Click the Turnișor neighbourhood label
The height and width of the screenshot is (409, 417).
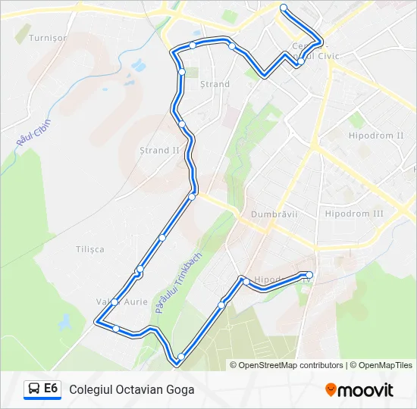click(x=47, y=37)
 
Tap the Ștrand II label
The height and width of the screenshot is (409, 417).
click(x=159, y=150)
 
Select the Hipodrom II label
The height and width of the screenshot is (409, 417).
click(x=375, y=136)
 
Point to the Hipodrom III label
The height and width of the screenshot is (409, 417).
click(x=354, y=214)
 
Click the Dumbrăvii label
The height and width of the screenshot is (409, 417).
click(x=274, y=214)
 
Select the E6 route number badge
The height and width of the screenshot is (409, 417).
click(x=51, y=389)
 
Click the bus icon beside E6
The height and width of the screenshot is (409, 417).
click(x=34, y=389)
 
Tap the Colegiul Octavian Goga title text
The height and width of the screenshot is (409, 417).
click(x=131, y=390)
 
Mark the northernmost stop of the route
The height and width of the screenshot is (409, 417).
click(x=284, y=8)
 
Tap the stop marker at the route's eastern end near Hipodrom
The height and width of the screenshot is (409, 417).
click(x=309, y=274)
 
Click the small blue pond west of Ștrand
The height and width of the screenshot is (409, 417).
click(x=139, y=65)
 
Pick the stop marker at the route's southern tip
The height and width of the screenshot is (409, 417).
click(x=180, y=357)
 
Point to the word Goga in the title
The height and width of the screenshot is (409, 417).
click(x=180, y=390)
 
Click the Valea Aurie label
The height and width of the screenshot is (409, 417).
click(x=121, y=301)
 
